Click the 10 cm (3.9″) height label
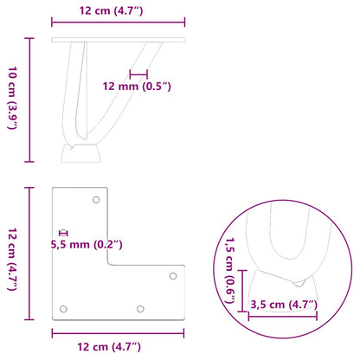click(11, 100)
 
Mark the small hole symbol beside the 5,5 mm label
click(62, 233)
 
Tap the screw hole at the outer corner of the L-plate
click(62, 308)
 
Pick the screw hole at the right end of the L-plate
click(172, 276)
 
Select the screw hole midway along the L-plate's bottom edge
click(139, 308)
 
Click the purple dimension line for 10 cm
click(32, 100)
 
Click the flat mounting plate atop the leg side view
click(118, 41)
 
